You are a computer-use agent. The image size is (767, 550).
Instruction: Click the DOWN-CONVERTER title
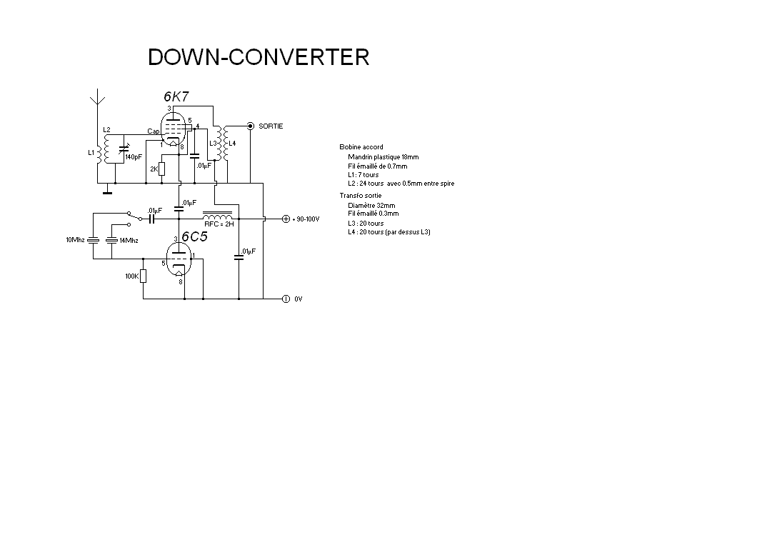pyautogui.click(x=259, y=56)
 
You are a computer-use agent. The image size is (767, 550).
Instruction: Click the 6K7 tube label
pyautogui.click(x=176, y=96)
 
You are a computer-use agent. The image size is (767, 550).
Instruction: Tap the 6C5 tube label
pyautogui.click(x=194, y=236)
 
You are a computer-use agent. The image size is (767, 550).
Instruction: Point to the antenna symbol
pyautogui.click(x=98, y=96)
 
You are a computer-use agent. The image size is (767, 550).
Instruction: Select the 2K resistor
pyautogui.click(x=162, y=169)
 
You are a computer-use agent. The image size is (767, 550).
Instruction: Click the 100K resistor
pyautogui.click(x=144, y=276)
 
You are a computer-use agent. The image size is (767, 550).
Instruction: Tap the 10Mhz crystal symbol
pyautogui.click(x=93, y=240)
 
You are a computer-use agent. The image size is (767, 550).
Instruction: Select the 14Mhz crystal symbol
pyautogui.click(x=112, y=240)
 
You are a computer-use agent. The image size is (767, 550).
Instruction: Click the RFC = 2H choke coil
pyautogui.click(x=218, y=216)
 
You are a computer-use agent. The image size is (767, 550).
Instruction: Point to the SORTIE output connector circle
pyautogui.click(x=251, y=126)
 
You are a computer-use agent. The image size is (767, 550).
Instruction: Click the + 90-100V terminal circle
pyautogui.click(x=286, y=219)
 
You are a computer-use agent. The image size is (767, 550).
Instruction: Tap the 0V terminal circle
pyautogui.click(x=286, y=299)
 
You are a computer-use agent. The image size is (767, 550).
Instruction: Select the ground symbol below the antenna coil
pyautogui.click(x=107, y=190)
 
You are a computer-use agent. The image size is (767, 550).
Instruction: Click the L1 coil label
pyautogui.click(x=91, y=153)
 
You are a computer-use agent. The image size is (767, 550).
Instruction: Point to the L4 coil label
pyautogui.click(x=232, y=144)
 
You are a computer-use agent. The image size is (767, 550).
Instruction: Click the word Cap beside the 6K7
pyautogui.click(x=153, y=131)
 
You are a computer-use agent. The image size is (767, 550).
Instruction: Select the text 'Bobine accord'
pyautogui.click(x=361, y=147)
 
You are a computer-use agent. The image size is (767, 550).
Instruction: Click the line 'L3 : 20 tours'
pyautogui.click(x=366, y=223)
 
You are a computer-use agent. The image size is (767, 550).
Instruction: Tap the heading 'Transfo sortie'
pyautogui.click(x=361, y=196)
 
